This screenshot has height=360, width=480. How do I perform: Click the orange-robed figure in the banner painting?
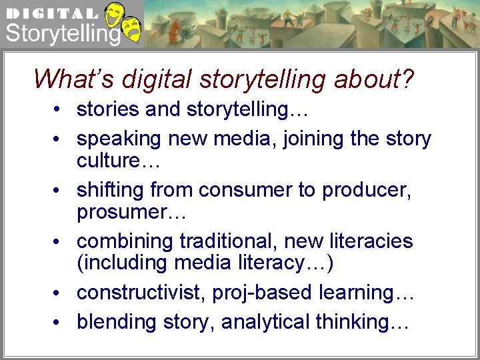click(x=175, y=29)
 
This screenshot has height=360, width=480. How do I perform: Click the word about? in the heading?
click(x=374, y=79)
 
